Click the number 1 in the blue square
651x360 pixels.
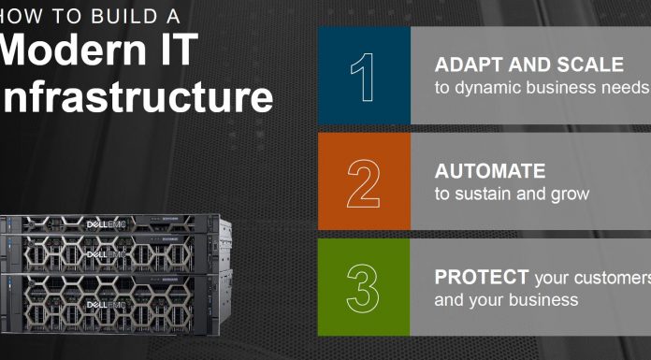(363, 76)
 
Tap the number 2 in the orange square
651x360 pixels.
(364, 181)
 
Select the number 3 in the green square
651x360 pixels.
(364, 288)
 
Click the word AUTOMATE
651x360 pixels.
(489, 172)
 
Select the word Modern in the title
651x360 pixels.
(71, 51)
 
